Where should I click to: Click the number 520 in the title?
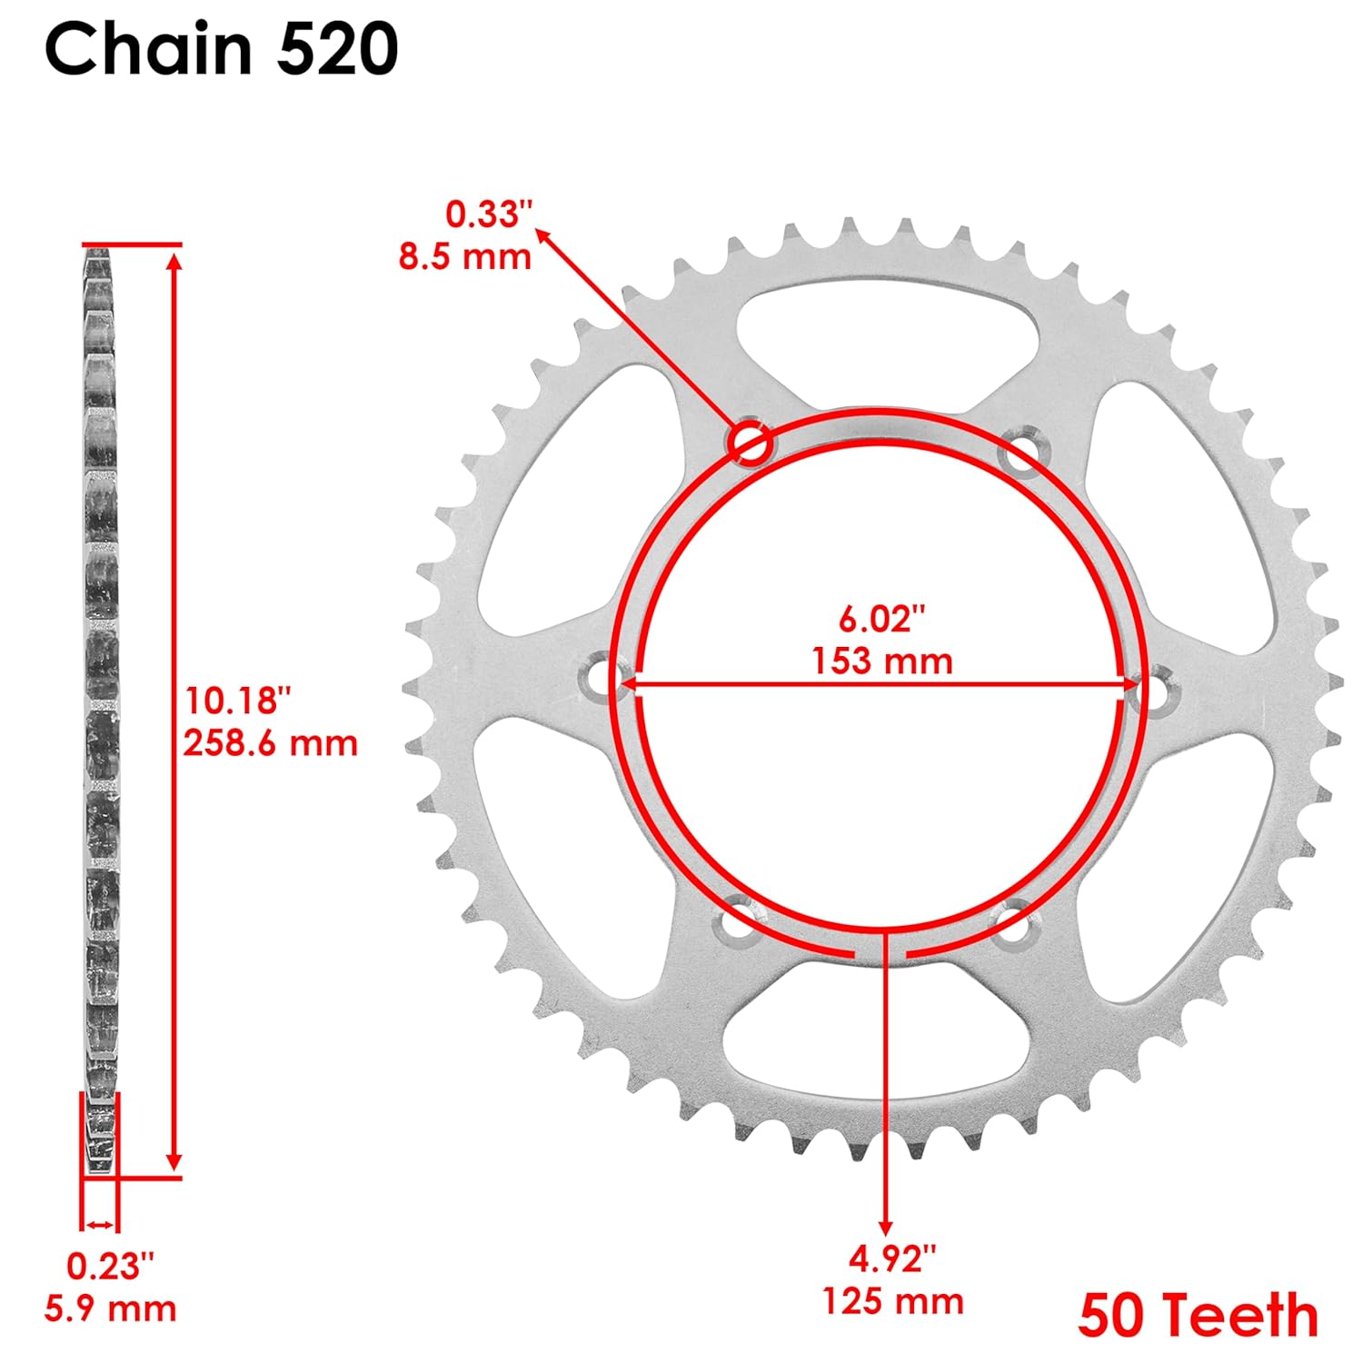point(337,50)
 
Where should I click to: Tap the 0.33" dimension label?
point(489,214)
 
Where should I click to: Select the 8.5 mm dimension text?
point(464,257)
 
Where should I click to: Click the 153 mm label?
point(881,661)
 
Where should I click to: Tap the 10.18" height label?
point(238,701)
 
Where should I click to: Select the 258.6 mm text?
point(270,743)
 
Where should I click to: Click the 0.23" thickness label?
point(110,1265)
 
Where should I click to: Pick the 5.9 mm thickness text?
point(110,1308)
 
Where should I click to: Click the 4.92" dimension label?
point(891,1259)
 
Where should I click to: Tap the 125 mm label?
point(892,1301)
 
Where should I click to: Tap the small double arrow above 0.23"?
point(100,1225)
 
